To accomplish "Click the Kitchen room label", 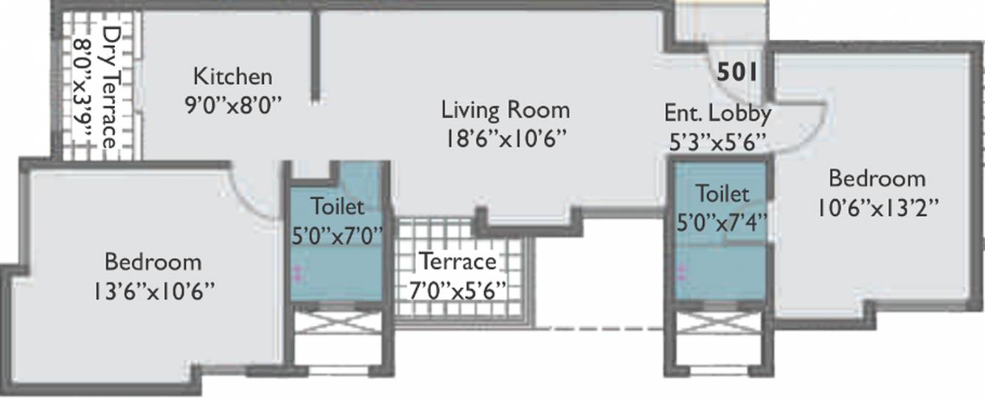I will pos(233,76).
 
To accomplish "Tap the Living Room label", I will pos(505,111).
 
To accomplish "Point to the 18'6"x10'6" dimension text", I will pos(506,139).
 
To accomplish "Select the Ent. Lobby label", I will pos(717,113).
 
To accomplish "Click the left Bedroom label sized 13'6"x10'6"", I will pos(153,262).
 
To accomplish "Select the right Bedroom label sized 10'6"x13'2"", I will pos(876,178).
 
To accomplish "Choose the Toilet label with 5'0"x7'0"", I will pos(337,204).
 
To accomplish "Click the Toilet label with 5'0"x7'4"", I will pos(723,193).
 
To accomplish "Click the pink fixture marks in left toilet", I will pos(298,274).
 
